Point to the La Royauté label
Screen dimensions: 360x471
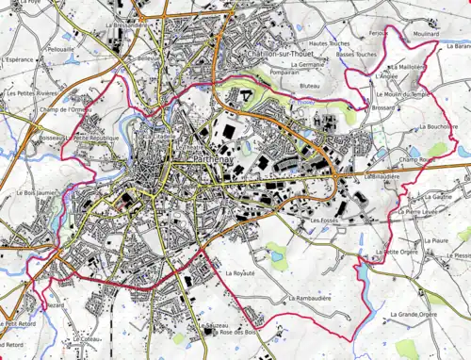(x=240, y=272)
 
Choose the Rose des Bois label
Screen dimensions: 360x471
(x=237, y=333)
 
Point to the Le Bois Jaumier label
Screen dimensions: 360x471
(x=32, y=194)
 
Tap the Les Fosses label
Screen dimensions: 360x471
(x=324, y=220)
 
